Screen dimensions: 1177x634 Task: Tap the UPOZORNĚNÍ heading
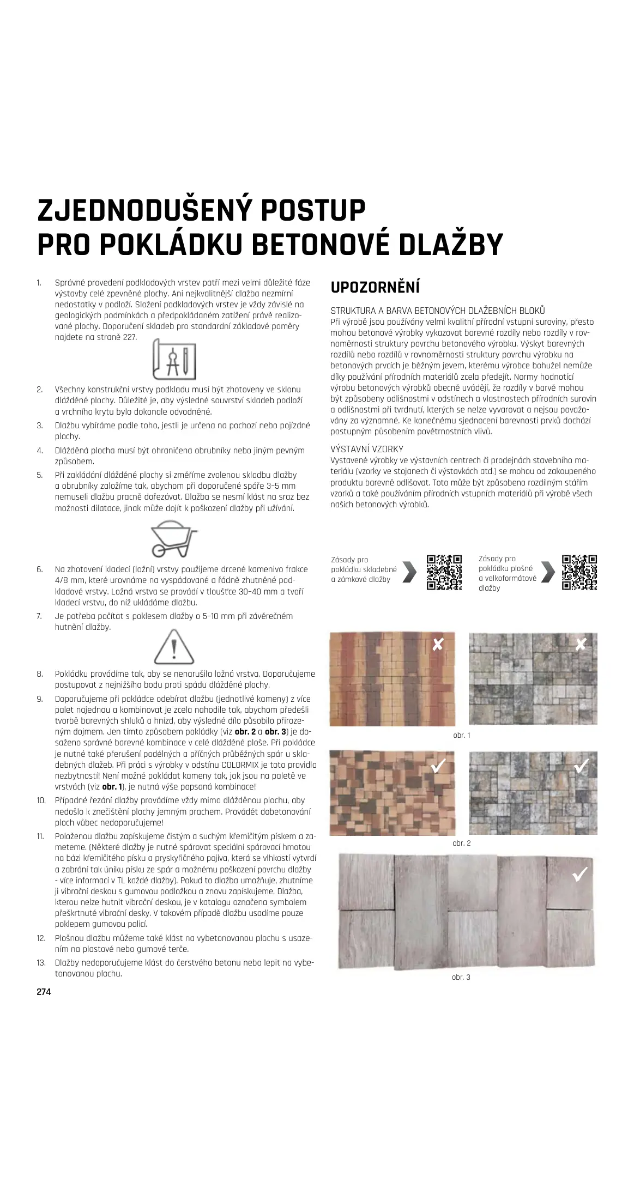375,287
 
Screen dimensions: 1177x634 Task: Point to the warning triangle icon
174,647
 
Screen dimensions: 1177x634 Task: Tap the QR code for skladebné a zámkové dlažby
444,572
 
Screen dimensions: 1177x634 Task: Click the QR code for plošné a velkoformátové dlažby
579,572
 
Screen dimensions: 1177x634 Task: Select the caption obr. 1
461,735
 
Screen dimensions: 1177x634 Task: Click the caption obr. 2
461,843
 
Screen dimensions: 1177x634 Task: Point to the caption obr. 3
461,977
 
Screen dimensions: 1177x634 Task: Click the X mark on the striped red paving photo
437,645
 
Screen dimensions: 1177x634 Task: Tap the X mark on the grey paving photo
581,644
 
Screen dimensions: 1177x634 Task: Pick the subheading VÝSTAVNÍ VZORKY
367,449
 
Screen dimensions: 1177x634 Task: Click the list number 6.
40,569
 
